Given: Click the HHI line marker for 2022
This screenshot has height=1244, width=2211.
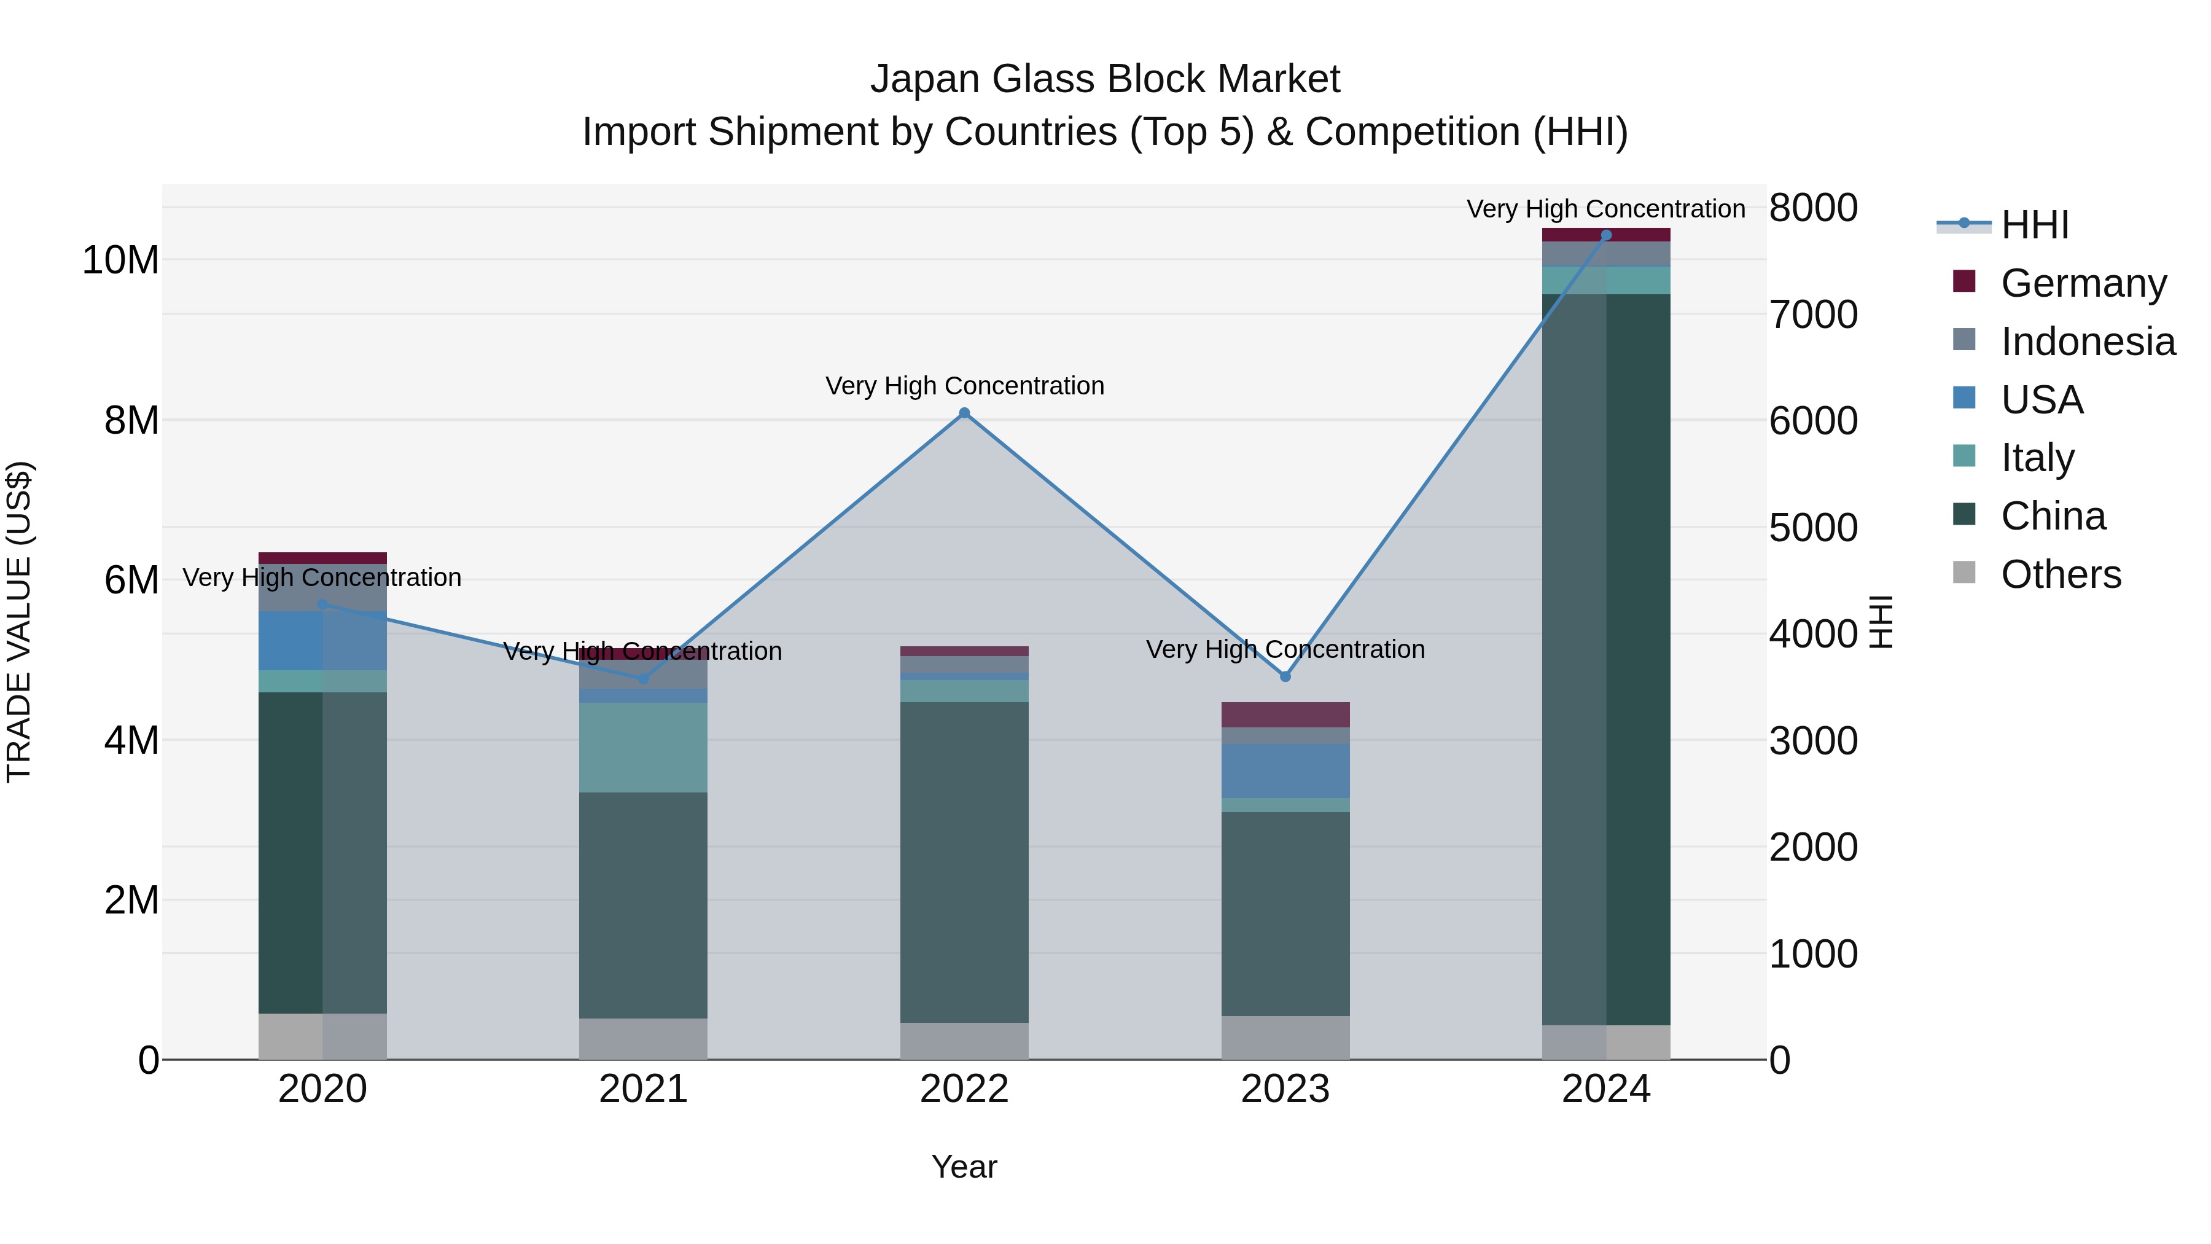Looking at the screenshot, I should tap(964, 413).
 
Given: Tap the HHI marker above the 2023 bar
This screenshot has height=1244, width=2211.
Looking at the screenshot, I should tap(1285, 676).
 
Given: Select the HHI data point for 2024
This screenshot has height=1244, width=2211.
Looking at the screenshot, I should tap(1606, 235).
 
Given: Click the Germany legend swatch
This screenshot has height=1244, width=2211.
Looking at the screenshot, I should tap(1964, 281).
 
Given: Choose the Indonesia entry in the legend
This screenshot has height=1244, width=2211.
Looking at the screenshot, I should tap(2088, 341).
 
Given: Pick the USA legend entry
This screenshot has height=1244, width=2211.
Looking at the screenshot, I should tap(2041, 399).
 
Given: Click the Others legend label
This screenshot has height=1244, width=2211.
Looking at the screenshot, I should tap(2060, 574).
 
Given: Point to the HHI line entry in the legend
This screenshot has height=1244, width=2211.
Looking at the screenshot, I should tap(2034, 225).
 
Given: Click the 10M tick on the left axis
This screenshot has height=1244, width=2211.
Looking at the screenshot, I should tap(120, 260).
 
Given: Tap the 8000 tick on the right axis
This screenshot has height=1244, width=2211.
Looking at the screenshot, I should tap(1813, 208).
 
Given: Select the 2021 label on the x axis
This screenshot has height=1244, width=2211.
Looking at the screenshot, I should tap(643, 1089).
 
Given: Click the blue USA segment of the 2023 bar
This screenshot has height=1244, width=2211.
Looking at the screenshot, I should tap(1285, 770).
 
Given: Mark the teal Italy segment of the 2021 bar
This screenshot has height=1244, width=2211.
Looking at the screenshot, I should tap(643, 747).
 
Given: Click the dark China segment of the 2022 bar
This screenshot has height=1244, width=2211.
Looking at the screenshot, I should tap(964, 861).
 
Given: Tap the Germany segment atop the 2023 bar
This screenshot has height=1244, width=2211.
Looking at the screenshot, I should tap(1285, 714).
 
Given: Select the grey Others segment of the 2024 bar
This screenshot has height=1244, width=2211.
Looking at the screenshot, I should tap(1606, 1041).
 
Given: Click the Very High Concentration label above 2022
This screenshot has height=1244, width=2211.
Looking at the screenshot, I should tap(964, 385).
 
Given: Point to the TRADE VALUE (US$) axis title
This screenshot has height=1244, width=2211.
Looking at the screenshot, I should tap(19, 622).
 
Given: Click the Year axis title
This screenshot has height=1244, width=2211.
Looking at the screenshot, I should tap(964, 1167).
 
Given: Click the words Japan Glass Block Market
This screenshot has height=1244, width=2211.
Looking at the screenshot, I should tap(1105, 79).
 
